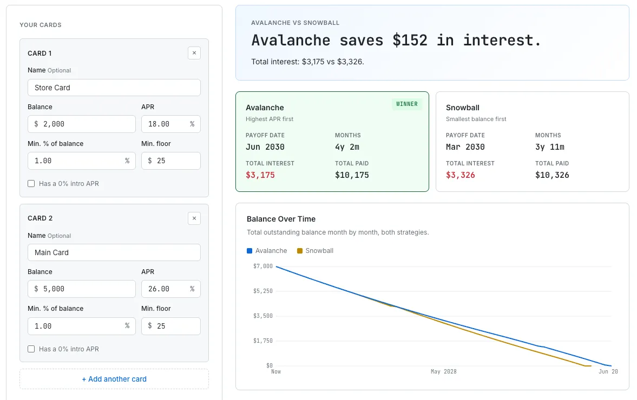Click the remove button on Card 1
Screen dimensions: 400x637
(x=194, y=53)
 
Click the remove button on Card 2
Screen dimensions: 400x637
(x=194, y=218)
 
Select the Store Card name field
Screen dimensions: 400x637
(x=114, y=88)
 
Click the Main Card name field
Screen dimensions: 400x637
(x=114, y=252)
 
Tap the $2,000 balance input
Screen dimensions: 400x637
(x=81, y=124)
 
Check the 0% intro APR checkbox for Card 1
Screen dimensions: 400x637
(x=31, y=184)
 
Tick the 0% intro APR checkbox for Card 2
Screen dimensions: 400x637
(x=31, y=349)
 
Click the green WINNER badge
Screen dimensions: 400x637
(x=406, y=104)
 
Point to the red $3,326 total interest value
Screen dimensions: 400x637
(x=460, y=175)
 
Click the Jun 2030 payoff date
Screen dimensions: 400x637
(x=265, y=147)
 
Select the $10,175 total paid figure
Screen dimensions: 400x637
(x=352, y=175)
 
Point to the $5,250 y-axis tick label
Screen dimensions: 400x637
(x=262, y=291)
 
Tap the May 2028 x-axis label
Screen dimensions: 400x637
(x=443, y=372)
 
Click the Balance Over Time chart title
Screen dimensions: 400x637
(x=281, y=219)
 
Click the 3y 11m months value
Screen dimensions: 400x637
(x=549, y=147)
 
